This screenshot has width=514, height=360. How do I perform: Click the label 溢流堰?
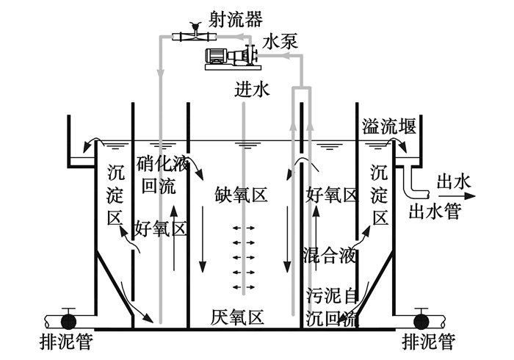click(389, 126)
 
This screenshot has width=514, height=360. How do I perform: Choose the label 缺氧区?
click(240, 195)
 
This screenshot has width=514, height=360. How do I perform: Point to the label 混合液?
click(330, 256)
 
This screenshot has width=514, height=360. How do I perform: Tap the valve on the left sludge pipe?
click(69, 321)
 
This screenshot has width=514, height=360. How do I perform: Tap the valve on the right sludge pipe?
click(422, 321)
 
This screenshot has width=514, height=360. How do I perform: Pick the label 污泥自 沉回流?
click(330, 308)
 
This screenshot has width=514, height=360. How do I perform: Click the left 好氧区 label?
click(159, 228)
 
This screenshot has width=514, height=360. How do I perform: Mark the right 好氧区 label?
click(331, 195)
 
